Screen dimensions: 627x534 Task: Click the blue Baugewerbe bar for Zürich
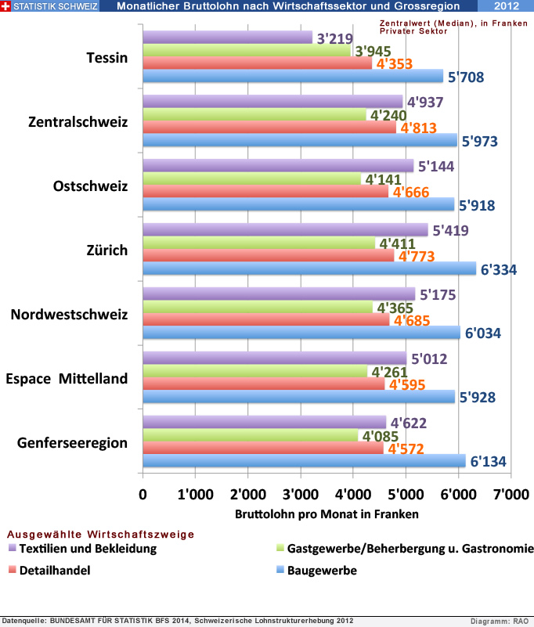click(309, 268)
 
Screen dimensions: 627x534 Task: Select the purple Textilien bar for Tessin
click(227, 38)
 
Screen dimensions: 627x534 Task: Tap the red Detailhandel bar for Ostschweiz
click(266, 191)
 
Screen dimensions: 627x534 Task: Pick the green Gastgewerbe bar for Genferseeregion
click(251, 435)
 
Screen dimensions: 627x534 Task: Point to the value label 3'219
click(335, 38)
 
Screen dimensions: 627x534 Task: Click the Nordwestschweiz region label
click(69, 315)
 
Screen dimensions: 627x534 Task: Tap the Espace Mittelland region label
click(67, 379)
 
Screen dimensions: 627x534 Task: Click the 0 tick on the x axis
click(143, 495)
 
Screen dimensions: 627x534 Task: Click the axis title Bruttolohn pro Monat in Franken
click(327, 514)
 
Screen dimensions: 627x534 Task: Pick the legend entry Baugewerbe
click(322, 571)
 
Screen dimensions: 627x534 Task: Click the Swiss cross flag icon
click(6, 6)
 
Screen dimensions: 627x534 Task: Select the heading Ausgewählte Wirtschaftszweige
click(100, 534)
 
